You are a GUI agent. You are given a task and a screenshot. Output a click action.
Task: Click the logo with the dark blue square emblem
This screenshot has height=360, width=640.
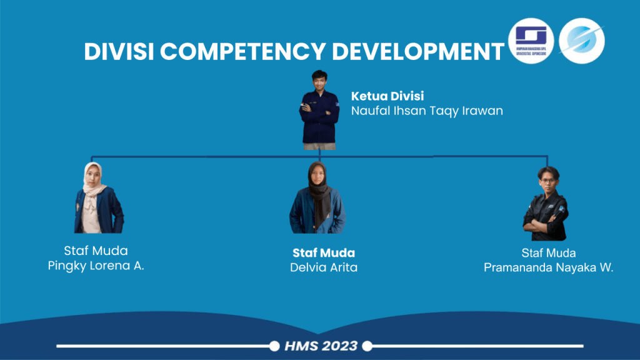[x=531, y=41]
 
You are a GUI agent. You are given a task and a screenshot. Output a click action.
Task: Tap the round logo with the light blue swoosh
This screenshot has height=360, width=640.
[x=581, y=41]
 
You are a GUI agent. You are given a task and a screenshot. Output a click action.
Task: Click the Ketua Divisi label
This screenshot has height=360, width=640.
[x=387, y=96]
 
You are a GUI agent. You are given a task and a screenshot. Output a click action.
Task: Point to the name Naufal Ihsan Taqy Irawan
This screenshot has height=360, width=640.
[x=427, y=111]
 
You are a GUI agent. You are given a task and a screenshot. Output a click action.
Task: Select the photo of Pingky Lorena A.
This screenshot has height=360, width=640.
[x=98, y=198]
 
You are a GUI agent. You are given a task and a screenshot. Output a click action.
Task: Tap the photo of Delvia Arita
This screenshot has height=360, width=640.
[x=317, y=198]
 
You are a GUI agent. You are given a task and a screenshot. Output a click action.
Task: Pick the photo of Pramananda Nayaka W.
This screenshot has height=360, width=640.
[x=546, y=204]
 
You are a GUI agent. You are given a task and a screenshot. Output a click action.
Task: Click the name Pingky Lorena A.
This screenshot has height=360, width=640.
[x=96, y=266]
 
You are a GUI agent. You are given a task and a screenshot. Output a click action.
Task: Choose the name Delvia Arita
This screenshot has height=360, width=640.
[x=324, y=267]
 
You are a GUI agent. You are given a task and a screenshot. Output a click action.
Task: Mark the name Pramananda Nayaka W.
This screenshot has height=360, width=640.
[x=549, y=267]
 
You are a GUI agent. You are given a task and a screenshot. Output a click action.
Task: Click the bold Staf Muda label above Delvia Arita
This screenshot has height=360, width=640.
[x=324, y=253]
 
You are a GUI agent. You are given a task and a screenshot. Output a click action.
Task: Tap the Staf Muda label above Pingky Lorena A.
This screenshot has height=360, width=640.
[x=96, y=251]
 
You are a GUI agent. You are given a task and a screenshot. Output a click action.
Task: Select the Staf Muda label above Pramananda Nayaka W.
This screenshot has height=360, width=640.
[x=549, y=252]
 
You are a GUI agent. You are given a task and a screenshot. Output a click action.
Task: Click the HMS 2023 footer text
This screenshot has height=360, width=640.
[x=321, y=346]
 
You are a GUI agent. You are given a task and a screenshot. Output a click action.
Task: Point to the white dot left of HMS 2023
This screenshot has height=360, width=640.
[x=274, y=346]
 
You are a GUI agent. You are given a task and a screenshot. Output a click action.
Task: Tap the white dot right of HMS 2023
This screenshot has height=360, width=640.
[x=367, y=346]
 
